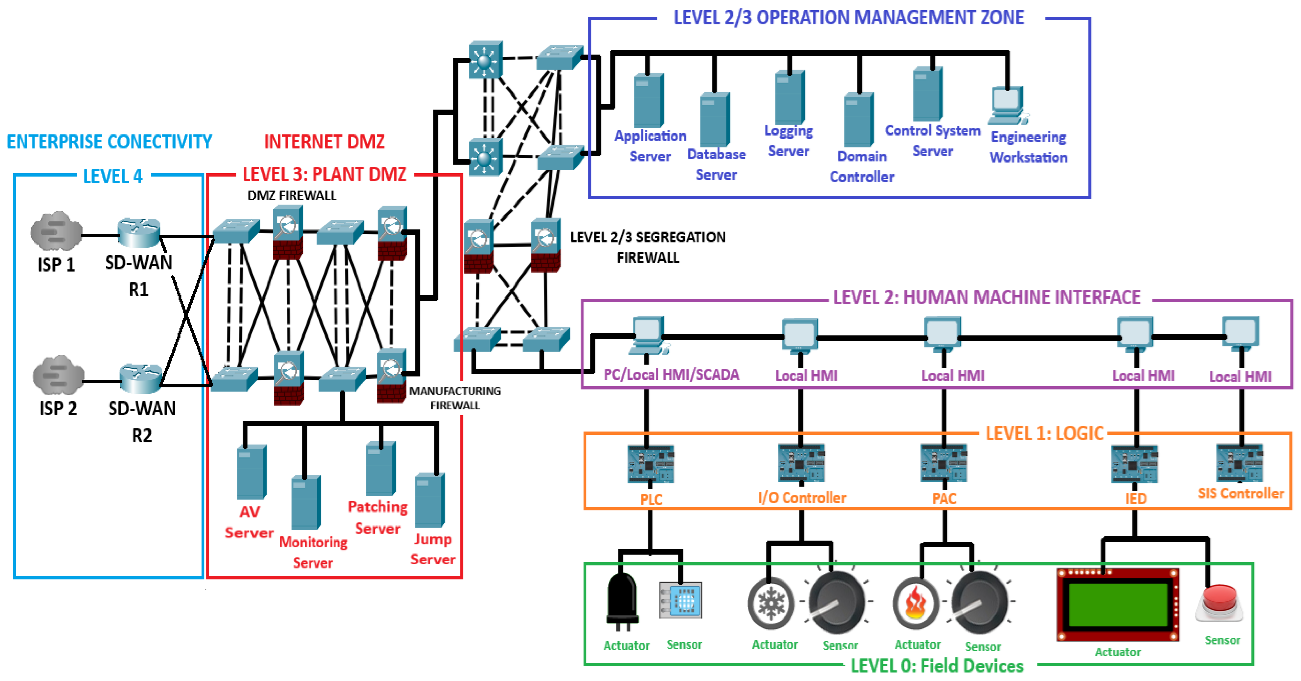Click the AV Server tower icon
(251, 472)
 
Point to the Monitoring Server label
(313, 552)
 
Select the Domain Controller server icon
(859, 120)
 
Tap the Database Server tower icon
(715, 120)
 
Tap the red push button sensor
(1219, 603)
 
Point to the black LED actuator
(622, 601)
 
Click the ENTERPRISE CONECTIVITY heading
(109, 142)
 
